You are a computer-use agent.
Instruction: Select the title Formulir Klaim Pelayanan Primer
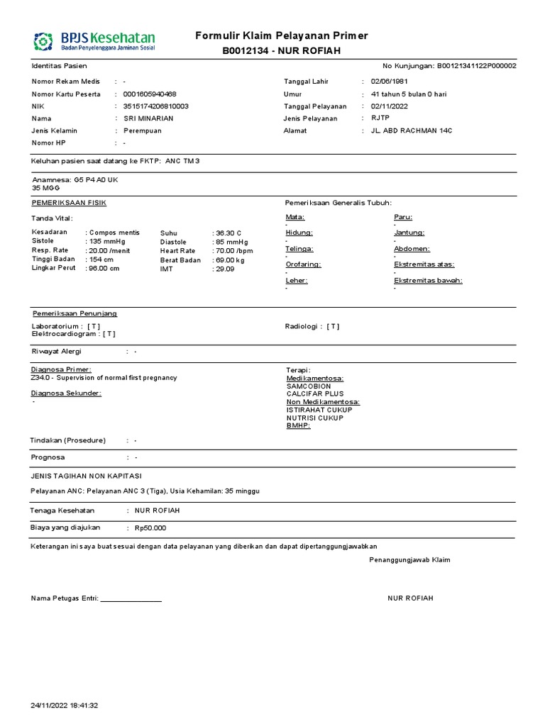tap(282, 36)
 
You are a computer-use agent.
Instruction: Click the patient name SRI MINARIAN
tap(148, 118)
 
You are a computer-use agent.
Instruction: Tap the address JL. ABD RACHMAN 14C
tap(412, 130)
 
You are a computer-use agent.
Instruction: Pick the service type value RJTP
tap(380, 118)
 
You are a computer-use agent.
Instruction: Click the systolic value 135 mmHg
tap(106, 242)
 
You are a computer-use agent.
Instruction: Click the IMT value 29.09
tap(226, 269)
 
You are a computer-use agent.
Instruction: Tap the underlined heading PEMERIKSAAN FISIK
tap(70, 203)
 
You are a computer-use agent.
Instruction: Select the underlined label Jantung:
tap(409, 233)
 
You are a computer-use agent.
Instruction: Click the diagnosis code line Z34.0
tap(104, 378)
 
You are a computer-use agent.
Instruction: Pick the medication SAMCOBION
tap(309, 386)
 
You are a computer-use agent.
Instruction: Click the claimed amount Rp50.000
tap(150, 528)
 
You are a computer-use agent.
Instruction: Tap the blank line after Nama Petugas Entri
tap(131, 599)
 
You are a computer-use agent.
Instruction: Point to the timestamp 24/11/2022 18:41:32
tap(65, 705)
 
